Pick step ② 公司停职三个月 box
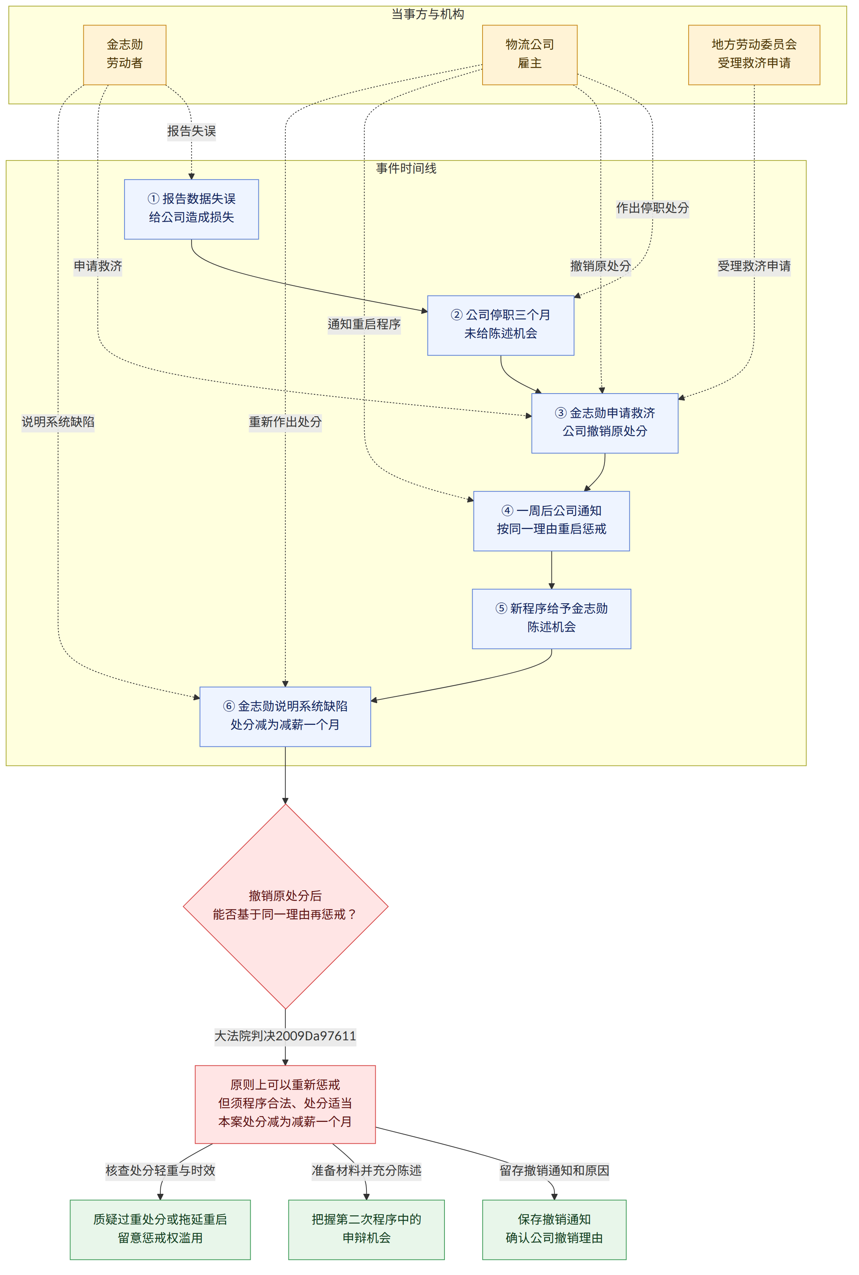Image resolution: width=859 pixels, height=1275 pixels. tap(501, 325)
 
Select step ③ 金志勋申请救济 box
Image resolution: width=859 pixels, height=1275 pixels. tap(605, 423)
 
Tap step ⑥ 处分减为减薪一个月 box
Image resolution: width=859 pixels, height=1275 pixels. tap(285, 716)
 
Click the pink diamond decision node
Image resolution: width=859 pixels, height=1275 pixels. tap(285, 906)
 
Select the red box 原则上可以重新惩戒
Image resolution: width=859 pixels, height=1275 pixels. tap(285, 1104)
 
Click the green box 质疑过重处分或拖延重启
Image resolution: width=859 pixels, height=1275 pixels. tap(160, 1230)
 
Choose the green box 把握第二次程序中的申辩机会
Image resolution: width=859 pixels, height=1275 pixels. tap(366, 1230)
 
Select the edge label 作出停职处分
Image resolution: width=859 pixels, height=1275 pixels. tap(653, 208)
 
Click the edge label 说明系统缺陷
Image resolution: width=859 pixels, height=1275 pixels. tap(58, 422)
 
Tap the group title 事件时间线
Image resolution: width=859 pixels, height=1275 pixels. tap(406, 168)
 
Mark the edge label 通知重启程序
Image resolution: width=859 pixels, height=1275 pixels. tap(364, 324)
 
